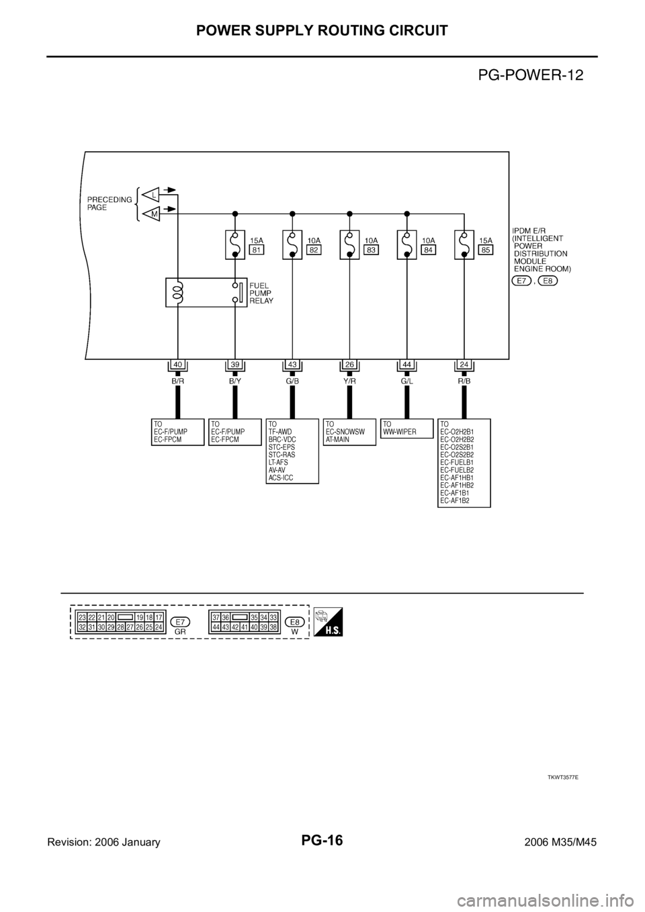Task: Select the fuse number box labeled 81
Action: point(255,248)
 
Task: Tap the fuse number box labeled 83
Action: point(370,248)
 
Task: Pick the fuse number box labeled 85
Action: point(486,248)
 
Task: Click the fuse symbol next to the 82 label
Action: point(292,244)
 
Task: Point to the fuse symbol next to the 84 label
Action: point(407,244)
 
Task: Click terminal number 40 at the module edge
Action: point(177,364)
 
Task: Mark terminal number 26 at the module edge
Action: point(349,364)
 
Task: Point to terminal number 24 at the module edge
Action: point(464,364)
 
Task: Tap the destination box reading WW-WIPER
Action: point(407,428)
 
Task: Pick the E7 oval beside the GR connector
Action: point(180,621)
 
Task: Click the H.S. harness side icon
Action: point(328,621)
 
